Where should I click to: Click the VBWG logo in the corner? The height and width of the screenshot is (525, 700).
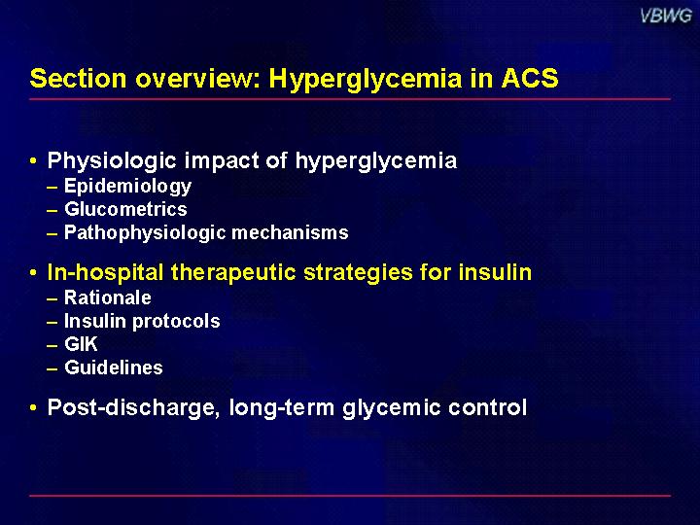(666, 17)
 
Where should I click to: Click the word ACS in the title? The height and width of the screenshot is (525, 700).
(530, 78)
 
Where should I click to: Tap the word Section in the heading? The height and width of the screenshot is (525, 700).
(78, 78)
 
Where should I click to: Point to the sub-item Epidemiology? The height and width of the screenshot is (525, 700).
(127, 187)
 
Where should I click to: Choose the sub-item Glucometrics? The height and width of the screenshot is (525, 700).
(125, 209)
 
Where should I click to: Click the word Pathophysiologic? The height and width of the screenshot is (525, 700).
(145, 233)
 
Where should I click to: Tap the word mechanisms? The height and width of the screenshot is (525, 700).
(290, 232)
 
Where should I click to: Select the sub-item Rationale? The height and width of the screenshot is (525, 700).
(108, 297)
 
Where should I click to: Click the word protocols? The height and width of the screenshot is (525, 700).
(176, 322)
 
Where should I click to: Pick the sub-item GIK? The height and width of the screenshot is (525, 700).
(81, 344)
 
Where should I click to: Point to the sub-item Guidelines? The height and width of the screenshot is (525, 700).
(114, 367)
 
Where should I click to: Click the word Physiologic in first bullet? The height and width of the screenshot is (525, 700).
(112, 161)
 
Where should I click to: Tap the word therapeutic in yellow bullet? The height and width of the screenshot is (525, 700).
(233, 273)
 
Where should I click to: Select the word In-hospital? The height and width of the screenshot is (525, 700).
(105, 273)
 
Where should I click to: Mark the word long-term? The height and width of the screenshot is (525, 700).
(282, 408)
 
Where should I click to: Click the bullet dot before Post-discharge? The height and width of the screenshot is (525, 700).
(33, 407)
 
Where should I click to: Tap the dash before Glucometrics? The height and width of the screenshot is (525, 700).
(52, 210)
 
